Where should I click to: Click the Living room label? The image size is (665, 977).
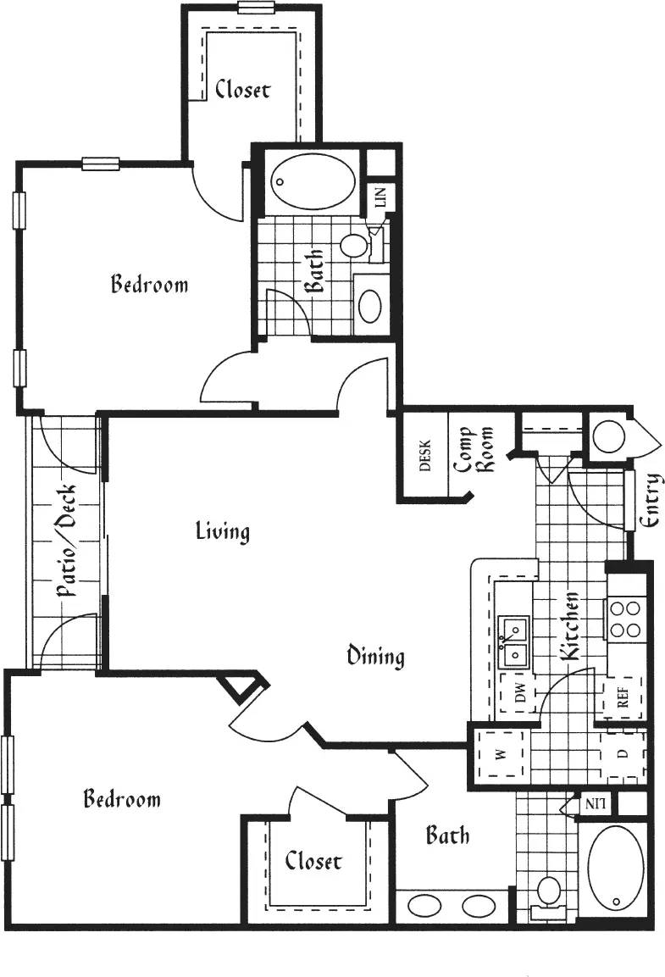pyautogui.click(x=223, y=531)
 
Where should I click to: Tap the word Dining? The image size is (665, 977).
pyautogui.click(x=375, y=656)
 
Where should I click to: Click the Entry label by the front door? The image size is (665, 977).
pyautogui.click(x=651, y=501)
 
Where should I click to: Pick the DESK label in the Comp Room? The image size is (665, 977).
pyautogui.click(x=425, y=456)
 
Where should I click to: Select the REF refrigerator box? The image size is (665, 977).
pyautogui.click(x=623, y=702)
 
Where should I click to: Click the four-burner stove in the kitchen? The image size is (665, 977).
pyautogui.click(x=625, y=618)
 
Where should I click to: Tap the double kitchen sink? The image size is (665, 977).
pyautogui.click(x=513, y=641)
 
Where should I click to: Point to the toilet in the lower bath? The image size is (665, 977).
pyautogui.click(x=549, y=894)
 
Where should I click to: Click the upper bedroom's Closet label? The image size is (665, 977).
pyautogui.click(x=242, y=89)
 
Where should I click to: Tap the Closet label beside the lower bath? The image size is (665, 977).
pyautogui.click(x=313, y=861)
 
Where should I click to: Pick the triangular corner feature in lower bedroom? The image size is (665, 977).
pyautogui.click(x=244, y=685)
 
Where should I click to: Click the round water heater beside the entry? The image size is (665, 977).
pyautogui.click(x=607, y=437)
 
